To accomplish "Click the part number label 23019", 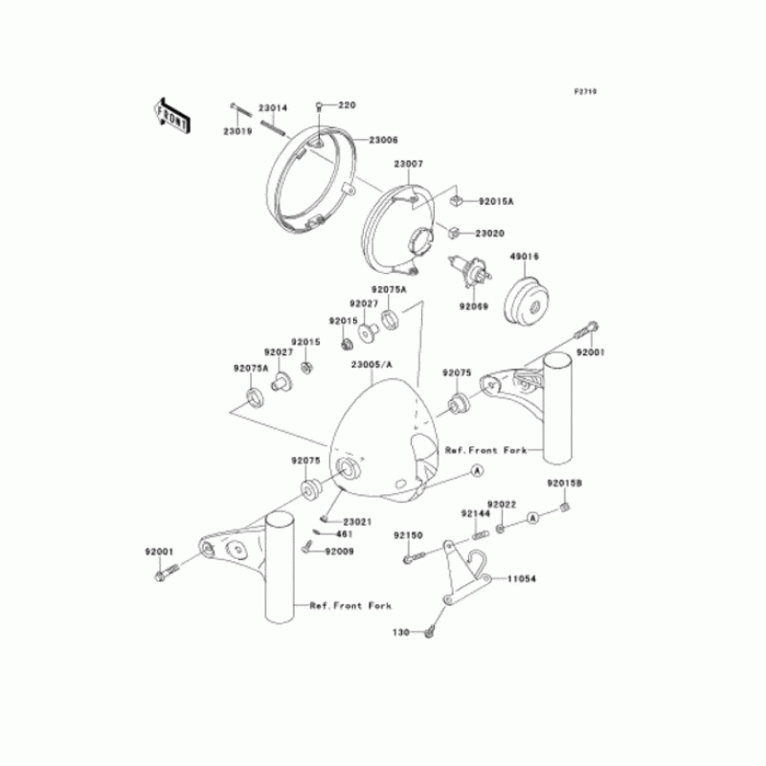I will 237,130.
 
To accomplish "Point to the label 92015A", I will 496,202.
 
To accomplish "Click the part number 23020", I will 490,233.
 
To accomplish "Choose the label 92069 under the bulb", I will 473,307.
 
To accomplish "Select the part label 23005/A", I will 372,366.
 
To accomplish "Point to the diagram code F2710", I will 585,92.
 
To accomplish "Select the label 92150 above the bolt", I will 408,535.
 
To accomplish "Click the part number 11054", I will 522,579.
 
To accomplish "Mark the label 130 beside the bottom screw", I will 401,633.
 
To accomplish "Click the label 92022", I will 502,504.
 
